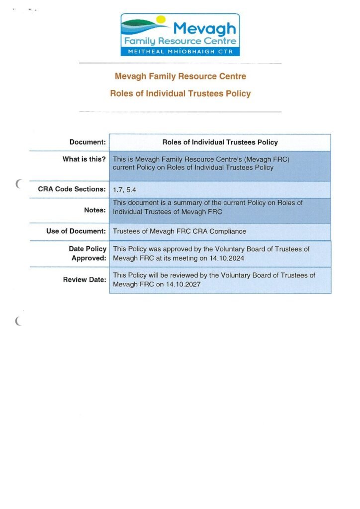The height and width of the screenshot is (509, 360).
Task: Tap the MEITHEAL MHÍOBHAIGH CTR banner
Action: (x=180, y=51)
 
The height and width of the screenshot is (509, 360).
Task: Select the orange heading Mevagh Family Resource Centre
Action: (x=180, y=77)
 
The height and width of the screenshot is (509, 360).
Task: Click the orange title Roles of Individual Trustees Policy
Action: (x=180, y=93)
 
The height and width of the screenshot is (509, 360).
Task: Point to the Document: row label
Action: (x=88, y=143)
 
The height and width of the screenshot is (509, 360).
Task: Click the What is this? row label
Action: (x=84, y=160)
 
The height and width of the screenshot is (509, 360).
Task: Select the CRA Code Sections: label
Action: (x=72, y=189)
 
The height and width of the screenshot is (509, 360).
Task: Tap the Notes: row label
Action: (x=95, y=211)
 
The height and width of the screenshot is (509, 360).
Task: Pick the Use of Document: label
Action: (x=76, y=232)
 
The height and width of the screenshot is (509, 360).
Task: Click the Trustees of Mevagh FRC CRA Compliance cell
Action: (x=179, y=232)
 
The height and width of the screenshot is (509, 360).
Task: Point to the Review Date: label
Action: (x=85, y=280)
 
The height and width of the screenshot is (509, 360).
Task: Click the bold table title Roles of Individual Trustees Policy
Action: (x=220, y=143)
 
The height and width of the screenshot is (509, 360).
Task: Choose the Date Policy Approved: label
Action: (x=88, y=254)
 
